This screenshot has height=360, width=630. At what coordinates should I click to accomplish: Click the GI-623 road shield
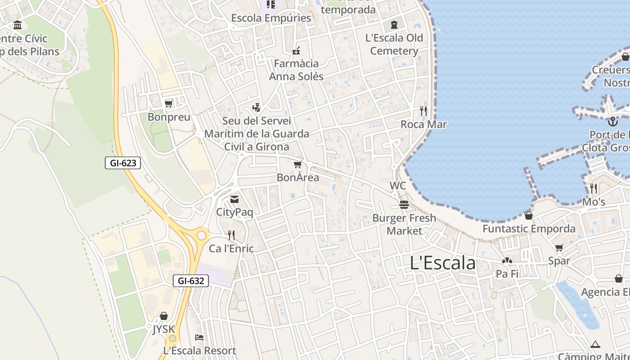click(123, 163)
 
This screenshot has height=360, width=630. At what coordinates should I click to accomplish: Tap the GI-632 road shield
click(191, 281)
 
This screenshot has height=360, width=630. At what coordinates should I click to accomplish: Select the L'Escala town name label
click(442, 263)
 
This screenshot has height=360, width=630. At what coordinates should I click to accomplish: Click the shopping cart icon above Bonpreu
click(169, 104)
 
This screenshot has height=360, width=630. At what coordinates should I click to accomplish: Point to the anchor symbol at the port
click(612, 121)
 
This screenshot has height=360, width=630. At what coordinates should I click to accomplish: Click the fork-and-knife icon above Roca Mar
click(423, 111)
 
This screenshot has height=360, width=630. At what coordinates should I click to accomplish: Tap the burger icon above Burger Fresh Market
click(404, 205)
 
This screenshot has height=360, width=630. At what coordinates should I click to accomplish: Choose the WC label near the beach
click(397, 185)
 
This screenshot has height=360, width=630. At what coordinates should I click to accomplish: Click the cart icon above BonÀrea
click(297, 164)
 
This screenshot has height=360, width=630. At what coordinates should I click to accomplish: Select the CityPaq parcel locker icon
click(234, 199)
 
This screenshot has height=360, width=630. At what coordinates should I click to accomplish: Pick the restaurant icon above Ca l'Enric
click(231, 235)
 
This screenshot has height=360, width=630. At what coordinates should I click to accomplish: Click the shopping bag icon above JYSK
click(164, 316)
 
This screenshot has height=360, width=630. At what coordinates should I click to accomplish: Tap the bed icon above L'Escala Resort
click(199, 337)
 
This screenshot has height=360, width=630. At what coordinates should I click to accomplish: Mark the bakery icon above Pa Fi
click(507, 261)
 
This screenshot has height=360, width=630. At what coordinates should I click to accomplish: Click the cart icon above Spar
click(559, 247)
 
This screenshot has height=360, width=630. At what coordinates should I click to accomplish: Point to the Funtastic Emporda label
click(529, 229)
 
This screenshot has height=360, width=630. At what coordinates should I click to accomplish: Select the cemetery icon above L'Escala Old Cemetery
click(394, 24)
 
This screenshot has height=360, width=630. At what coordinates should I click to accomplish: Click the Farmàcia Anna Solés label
click(296, 70)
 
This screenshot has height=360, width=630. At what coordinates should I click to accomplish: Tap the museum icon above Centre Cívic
click(18, 25)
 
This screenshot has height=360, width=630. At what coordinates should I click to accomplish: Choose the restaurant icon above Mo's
click(594, 188)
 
